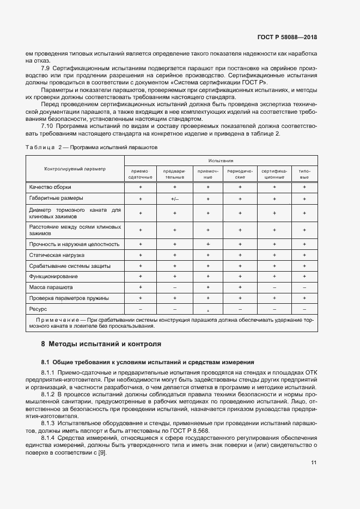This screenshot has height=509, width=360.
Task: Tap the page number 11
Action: pos(314,463)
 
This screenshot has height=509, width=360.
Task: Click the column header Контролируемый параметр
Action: pos(76,169)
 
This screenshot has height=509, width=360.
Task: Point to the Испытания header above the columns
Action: pos(220,161)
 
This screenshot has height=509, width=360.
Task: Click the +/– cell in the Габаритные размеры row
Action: pos(174,199)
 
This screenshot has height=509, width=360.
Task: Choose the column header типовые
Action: pos(304,174)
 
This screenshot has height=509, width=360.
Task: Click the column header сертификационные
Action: pos(274,174)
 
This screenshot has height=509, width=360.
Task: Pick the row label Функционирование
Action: pos(54,277)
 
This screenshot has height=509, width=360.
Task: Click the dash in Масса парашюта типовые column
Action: pos(304,287)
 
